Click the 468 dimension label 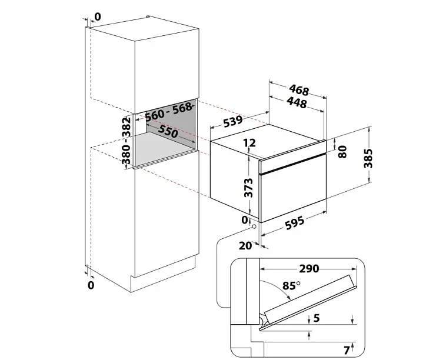tap(299, 90)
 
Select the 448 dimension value tap(297, 102)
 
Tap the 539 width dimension tap(233, 122)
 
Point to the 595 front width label tap(295, 223)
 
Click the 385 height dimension tap(368, 158)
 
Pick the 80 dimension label tap(342, 152)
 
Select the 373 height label tap(248, 188)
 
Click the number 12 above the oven tap(249, 143)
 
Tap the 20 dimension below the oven tap(245, 245)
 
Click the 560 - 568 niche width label tap(169, 112)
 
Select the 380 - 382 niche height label tap(127, 141)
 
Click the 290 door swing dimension tap(309, 269)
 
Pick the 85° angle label tap(291, 285)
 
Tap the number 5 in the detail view tap(317, 318)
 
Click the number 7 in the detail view tap(347, 350)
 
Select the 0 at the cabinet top tap(98, 17)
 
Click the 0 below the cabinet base tap(91, 285)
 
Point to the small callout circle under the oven tap(254, 226)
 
